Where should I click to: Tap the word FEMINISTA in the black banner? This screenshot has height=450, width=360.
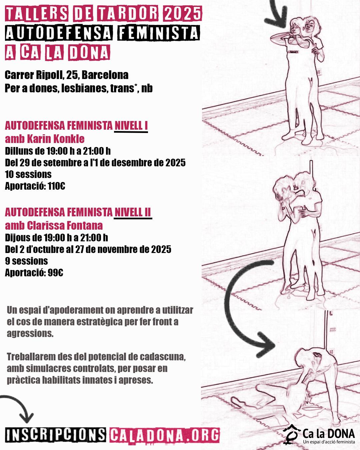pyautogui.click(x=158, y=33)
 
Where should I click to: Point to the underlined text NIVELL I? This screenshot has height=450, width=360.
pyautogui.click(x=131, y=125)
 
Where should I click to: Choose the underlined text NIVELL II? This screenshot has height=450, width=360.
pyautogui.click(x=133, y=212)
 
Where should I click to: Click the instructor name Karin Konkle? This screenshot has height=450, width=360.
pyautogui.click(x=56, y=139)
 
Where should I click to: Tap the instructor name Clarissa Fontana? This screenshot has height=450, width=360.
pyautogui.click(x=65, y=226)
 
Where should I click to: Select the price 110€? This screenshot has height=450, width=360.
pyautogui.click(x=56, y=186)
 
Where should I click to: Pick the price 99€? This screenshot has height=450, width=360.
pyautogui.click(x=55, y=273)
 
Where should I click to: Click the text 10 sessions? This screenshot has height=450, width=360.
pyautogui.click(x=28, y=174)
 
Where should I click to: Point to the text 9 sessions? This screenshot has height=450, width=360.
pyautogui.click(x=26, y=261)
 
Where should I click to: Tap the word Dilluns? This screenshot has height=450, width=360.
pyautogui.click(x=18, y=151)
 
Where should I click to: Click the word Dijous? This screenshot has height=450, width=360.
pyautogui.click(x=16, y=238)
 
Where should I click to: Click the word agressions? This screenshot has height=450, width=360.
pyautogui.click(x=30, y=334)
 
